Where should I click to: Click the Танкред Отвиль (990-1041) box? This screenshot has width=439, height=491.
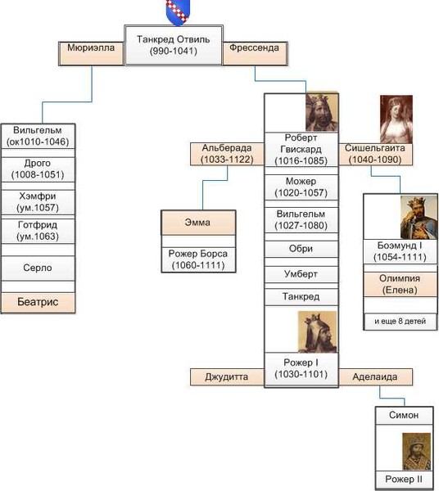pos(174,45)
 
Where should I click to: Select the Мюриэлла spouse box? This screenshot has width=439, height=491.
pos(91,53)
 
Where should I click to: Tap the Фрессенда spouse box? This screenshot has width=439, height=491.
pos(255,53)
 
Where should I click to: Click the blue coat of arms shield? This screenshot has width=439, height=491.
pos(178,12)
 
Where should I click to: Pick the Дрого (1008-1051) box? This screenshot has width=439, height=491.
pos(38,169)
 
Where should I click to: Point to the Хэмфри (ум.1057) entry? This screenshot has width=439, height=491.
pos(38,202)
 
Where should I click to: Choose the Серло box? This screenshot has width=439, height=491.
pos(38,268)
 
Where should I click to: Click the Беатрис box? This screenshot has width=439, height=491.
pos(38,303)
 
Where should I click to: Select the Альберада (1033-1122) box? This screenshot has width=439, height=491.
pos(227,154)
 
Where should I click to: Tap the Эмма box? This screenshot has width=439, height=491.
pos(198,223)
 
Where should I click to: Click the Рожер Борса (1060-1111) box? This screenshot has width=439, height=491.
pos(198,259)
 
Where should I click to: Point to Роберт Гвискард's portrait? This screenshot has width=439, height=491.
pos(322,113)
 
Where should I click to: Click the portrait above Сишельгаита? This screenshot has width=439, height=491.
pos(396,119)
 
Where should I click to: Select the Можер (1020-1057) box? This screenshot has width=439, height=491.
pos(301,187)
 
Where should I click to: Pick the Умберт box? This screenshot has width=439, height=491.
pos(301,274)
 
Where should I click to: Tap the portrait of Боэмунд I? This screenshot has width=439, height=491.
pos(419,218)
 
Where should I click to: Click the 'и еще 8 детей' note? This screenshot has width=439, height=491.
pos(401,322)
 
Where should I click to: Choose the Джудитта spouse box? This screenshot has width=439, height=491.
pos(227,377)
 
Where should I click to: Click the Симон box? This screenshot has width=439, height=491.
pos(405,416)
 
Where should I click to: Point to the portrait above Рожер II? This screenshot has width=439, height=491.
pos(416,451)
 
